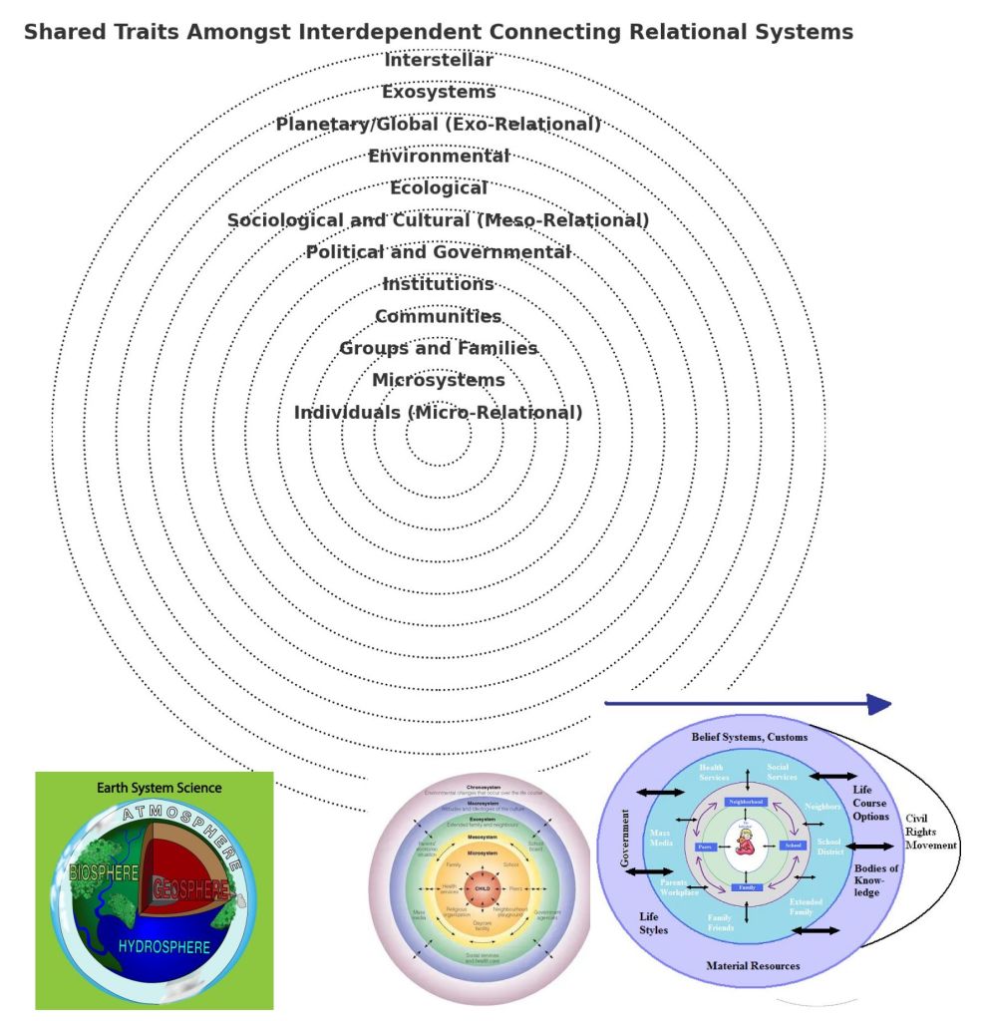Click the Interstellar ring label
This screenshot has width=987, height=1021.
(439, 60)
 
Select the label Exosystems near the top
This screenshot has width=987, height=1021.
(439, 92)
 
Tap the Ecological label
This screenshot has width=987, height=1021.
(439, 187)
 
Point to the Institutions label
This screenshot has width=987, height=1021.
(439, 284)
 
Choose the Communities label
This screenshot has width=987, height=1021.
(439, 316)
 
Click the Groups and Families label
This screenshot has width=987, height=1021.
(439, 348)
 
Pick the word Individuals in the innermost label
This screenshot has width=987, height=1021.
(347, 412)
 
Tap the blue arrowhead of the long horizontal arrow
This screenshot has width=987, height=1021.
(878, 705)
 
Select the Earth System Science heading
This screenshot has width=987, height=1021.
(160, 788)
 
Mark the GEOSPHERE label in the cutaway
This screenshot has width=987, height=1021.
(189, 887)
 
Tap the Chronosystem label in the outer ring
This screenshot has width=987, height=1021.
(483, 788)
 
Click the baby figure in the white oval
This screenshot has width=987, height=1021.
(745, 845)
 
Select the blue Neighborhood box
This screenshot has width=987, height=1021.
(746, 802)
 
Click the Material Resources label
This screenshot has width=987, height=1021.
(753, 965)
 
